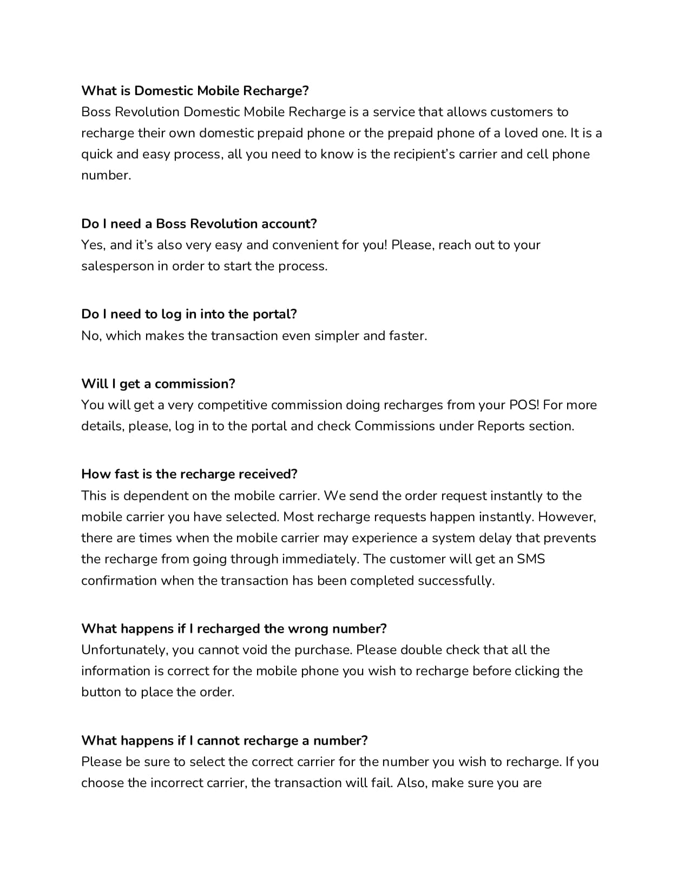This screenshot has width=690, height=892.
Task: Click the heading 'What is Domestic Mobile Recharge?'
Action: point(195,90)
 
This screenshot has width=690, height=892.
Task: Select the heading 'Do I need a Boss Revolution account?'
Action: point(199,223)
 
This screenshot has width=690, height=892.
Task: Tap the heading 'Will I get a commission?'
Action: point(158,383)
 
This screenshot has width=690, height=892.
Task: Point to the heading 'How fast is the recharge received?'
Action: point(189,474)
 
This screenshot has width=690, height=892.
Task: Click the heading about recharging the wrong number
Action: point(234,628)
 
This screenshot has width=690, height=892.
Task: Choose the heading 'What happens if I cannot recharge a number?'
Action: point(225,740)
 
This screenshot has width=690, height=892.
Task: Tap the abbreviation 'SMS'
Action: point(531,558)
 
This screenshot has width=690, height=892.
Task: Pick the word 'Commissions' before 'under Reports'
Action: point(394,426)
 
